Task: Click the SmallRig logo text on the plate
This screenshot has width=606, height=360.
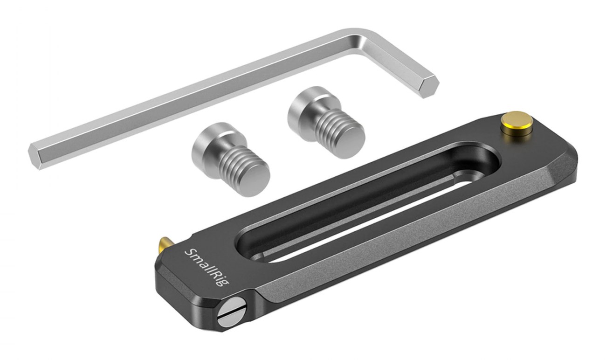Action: (x=207, y=267)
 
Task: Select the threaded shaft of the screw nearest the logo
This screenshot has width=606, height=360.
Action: (x=238, y=165)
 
